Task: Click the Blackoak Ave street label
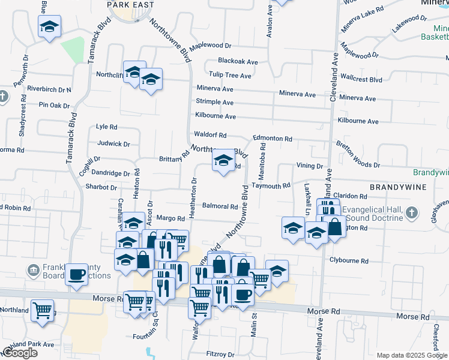[238, 61]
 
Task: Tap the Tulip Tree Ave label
[229, 76]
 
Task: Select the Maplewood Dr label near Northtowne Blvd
[210, 46]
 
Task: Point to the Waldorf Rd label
[209, 135]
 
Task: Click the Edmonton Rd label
[272, 139]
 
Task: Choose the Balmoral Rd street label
[220, 206]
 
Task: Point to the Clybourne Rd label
[349, 260]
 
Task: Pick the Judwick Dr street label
[113, 144]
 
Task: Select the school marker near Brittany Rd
[223, 160]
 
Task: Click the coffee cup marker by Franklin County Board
[76, 274]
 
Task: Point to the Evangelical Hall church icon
[411, 213]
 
